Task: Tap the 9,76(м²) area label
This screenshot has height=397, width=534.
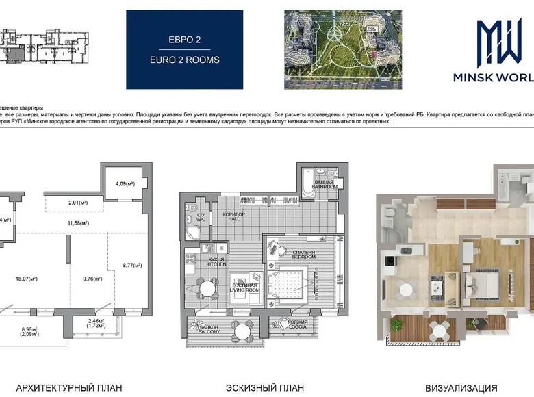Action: click(92, 279)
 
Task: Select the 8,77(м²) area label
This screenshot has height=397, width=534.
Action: click(132, 265)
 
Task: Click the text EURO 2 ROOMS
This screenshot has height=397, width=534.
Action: click(185, 60)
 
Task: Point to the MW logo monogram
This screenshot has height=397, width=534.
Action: click(499, 42)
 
